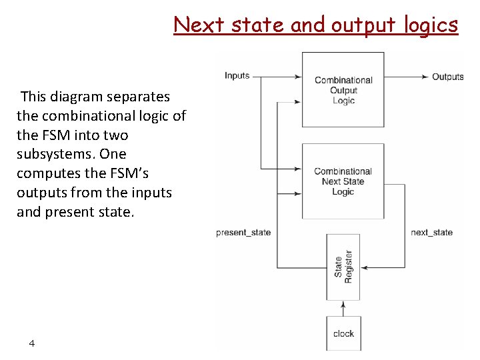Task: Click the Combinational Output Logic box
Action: [x=343, y=89]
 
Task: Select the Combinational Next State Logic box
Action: [x=343, y=181]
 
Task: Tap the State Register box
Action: [x=343, y=267]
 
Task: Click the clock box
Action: [x=343, y=333]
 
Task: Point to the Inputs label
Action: [x=237, y=75]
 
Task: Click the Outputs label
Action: [x=447, y=77]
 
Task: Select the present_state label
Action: [x=243, y=233]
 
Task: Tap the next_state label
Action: [x=431, y=233]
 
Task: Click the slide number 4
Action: [x=31, y=343]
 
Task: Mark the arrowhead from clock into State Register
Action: [x=343, y=304]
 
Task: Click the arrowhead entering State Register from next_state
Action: [x=364, y=267]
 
